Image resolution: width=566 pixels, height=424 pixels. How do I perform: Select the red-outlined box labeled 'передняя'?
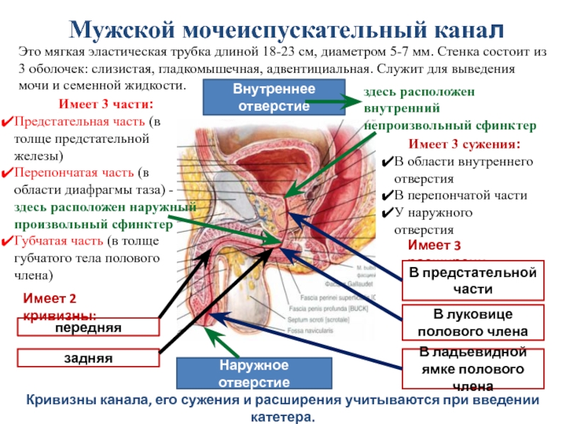(x=90, y=328)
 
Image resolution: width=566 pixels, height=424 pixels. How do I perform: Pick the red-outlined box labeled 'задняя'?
(x=90, y=358)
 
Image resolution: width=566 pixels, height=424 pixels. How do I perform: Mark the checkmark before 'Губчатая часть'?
(x=7, y=240)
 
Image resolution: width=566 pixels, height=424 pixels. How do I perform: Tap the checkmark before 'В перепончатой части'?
(x=387, y=196)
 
